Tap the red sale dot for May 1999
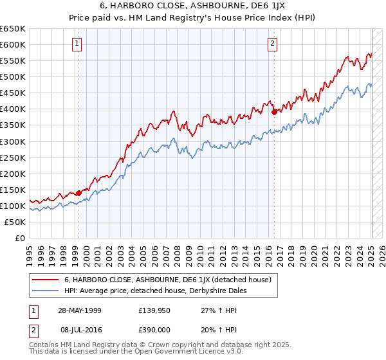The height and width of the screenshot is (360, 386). [78, 192]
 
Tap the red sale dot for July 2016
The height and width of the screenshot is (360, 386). [275, 112]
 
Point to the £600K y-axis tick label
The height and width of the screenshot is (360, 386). [13, 44]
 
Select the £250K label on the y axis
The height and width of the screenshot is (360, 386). [13, 157]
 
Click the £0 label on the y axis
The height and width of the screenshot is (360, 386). [21, 238]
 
